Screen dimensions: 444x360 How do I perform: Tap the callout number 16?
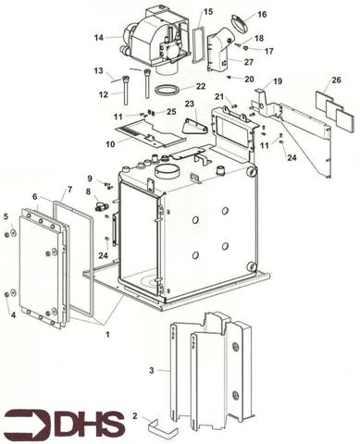tap(262, 15)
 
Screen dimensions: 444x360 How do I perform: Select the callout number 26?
tap(336, 80)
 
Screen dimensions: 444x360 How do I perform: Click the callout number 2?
tap(136, 417)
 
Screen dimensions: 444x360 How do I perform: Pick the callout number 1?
tap(107, 332)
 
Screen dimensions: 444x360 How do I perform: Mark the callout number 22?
tap(201, 86)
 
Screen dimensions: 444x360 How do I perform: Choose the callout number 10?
tap(110, 144)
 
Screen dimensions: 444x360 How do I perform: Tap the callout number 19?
tap(278, 81)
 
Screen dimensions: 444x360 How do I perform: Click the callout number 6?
tap(34, 198)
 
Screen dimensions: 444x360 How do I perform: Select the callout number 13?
tap(97, 70)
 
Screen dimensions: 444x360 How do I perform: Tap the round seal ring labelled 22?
tap(168, 91)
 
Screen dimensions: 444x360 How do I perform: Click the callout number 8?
tap(89, 192)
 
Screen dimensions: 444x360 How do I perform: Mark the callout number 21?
tap(219, 96)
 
